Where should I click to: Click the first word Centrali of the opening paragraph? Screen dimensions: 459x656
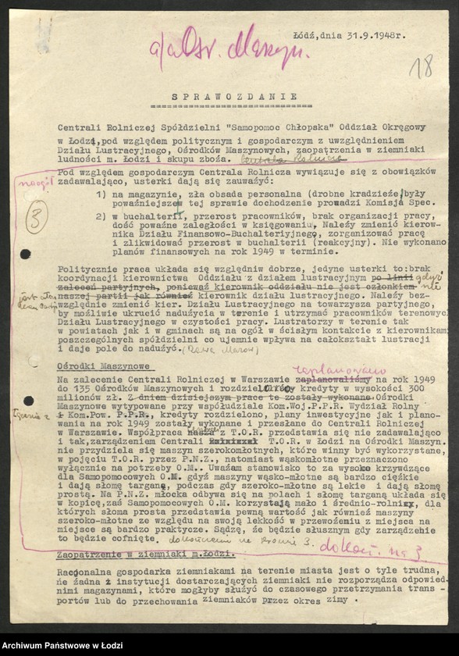(x=80, y=125)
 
